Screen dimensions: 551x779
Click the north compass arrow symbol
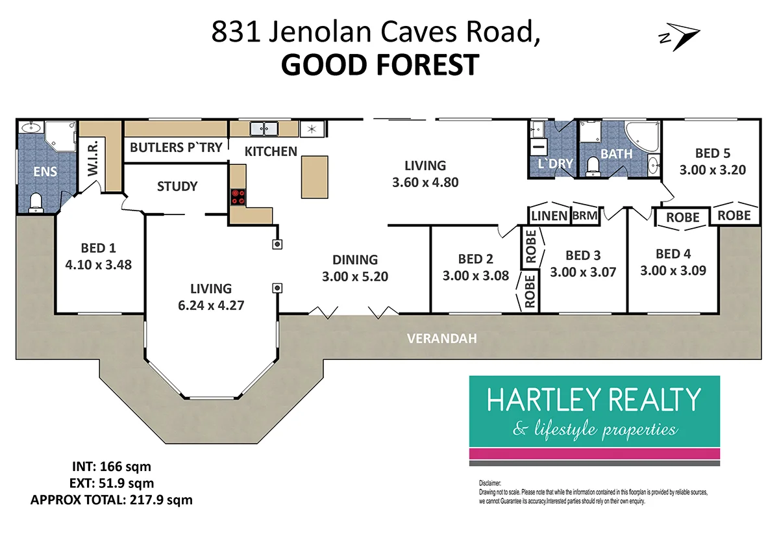pyautogui.click(x=680, y=38)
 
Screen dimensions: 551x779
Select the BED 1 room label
pyautogui.click(x=98, y=248)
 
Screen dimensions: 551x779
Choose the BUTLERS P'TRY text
pyautogui.click(x=176, y=147)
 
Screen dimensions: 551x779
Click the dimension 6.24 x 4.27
pyautogui.click(x=210, y=304)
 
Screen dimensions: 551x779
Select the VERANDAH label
pyautogui.click(x=441, y=338)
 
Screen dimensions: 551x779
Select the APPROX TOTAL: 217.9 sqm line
pyautogui.click(x=111, y=500)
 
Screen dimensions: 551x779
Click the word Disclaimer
pyautogui.click(x=491, y=483)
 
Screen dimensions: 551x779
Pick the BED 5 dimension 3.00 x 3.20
pyautogui.click(x=712, y=170)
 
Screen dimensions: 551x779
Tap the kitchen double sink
pyautogui.click(x=266, y=128)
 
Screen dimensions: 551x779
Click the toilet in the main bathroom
pyautogui.click(x=592, y=168)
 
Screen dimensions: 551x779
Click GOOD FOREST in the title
pyautogui.click(x=380, y=65)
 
